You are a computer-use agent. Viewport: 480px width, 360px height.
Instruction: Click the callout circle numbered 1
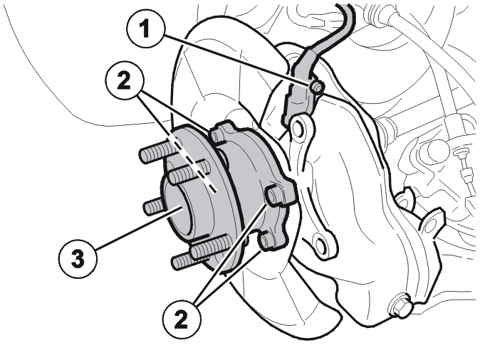click(x=146, y=29)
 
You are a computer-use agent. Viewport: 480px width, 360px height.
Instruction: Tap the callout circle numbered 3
click(x=78, y=258)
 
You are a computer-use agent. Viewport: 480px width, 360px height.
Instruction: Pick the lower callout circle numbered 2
click(x=182, y=319)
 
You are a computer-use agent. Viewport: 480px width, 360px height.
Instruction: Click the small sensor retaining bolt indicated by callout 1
click(x=315, y=88)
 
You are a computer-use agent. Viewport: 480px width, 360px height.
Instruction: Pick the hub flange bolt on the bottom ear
click(x=266, y=240)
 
